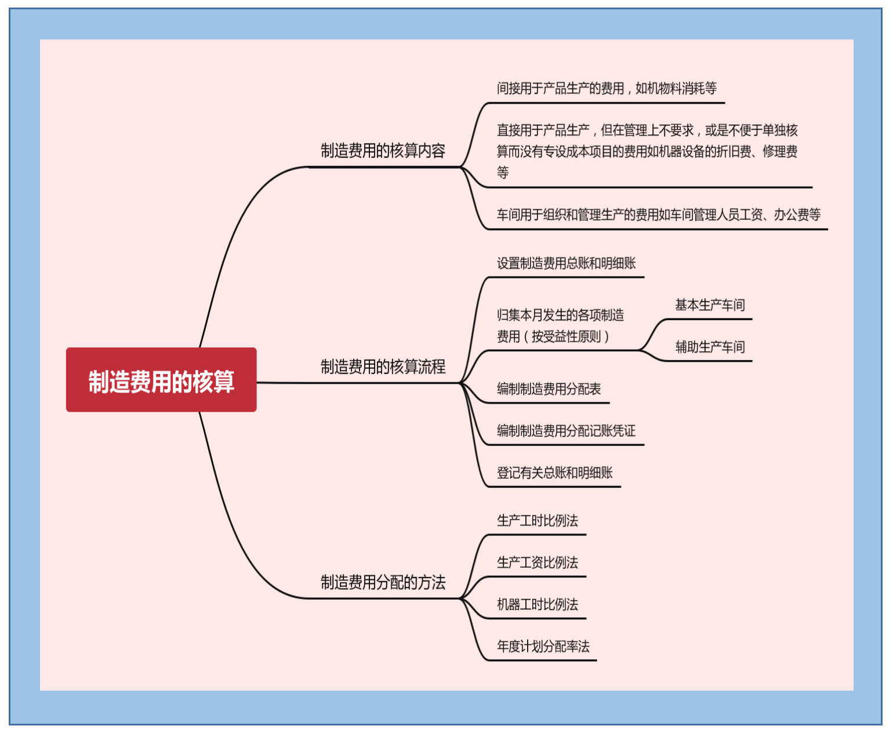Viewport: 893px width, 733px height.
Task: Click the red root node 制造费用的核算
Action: tap(161, 380)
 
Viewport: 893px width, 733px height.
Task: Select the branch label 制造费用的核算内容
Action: tap(383, 151)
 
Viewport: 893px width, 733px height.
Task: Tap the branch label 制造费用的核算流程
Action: tap(383, 366)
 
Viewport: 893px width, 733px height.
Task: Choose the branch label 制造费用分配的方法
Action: tap(383, 582)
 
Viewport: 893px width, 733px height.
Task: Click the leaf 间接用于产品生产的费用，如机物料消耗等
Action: tap(607, 88)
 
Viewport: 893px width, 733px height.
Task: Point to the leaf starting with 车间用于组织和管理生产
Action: tap(658, 215)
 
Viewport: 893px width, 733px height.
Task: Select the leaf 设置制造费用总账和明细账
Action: tap(566, 263)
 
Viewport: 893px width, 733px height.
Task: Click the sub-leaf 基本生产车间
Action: tap(710, 305)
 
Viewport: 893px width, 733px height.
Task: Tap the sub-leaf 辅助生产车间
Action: tap(710, 347)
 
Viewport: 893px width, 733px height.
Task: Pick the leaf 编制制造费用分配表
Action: tap(549, 389)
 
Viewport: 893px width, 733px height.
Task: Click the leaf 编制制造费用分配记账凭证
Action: tap(566, 430)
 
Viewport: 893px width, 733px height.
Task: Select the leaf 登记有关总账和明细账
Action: tap(554, 473)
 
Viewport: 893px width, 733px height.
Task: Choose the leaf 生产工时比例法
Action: tap(537, 520)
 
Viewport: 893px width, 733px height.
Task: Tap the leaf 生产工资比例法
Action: tap(537, 562)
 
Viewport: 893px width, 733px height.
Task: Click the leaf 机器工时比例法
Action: tap(537, 604)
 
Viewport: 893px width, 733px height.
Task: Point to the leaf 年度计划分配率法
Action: tap(543, 646)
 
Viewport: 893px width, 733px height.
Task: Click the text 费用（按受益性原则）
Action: tap(553, 336)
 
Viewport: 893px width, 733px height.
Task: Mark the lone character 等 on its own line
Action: tap(503, 172)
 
